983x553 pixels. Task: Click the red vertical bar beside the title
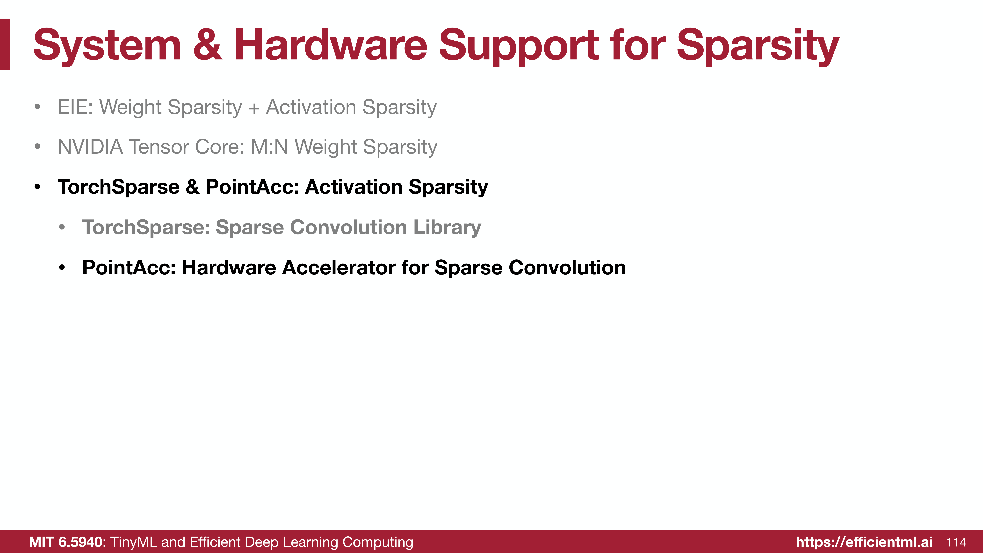(5, 44)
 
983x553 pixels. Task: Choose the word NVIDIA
(90, 147)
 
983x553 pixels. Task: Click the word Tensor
(159, 147)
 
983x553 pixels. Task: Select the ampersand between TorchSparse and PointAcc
(192, 187)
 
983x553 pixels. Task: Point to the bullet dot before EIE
(37, 107)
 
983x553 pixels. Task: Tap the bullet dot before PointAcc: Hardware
(62, 268)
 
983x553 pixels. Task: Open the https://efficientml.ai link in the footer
(864, 542)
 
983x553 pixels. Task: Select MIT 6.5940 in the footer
(66, 542)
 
